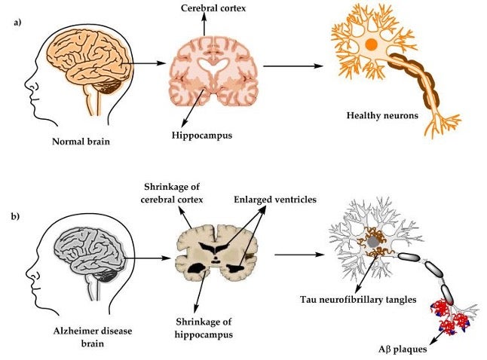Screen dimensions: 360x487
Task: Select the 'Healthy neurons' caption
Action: [381, 115]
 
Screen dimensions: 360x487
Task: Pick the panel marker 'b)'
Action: [16, 216]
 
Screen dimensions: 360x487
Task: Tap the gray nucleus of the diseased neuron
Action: [373, 241]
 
